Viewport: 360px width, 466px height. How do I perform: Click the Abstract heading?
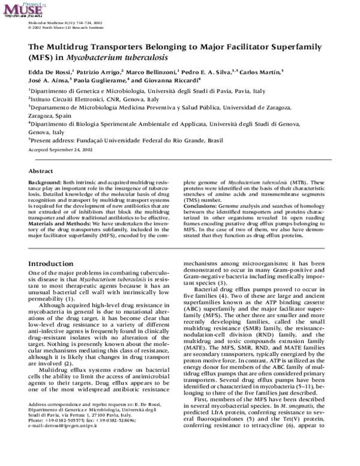41,171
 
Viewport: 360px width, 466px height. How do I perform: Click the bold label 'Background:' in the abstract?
45,182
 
